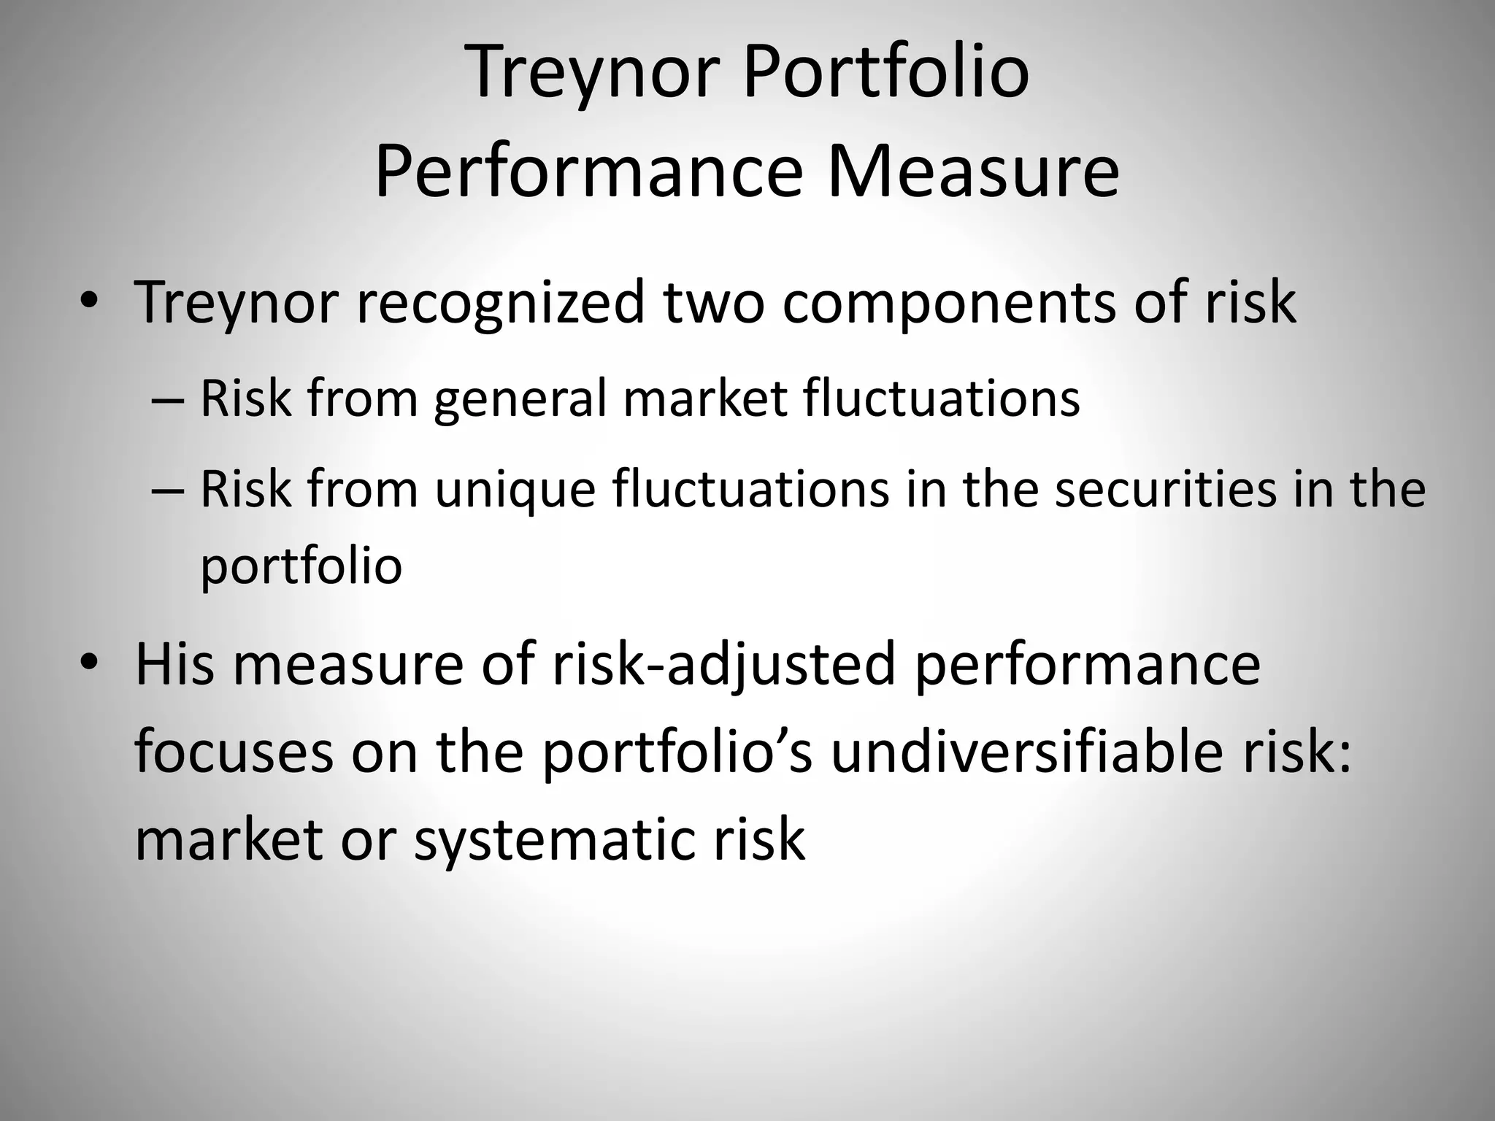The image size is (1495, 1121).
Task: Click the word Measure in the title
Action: pos(973,173)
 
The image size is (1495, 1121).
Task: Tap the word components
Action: pos(948,305)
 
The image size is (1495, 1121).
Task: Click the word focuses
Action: pos(234,753)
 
